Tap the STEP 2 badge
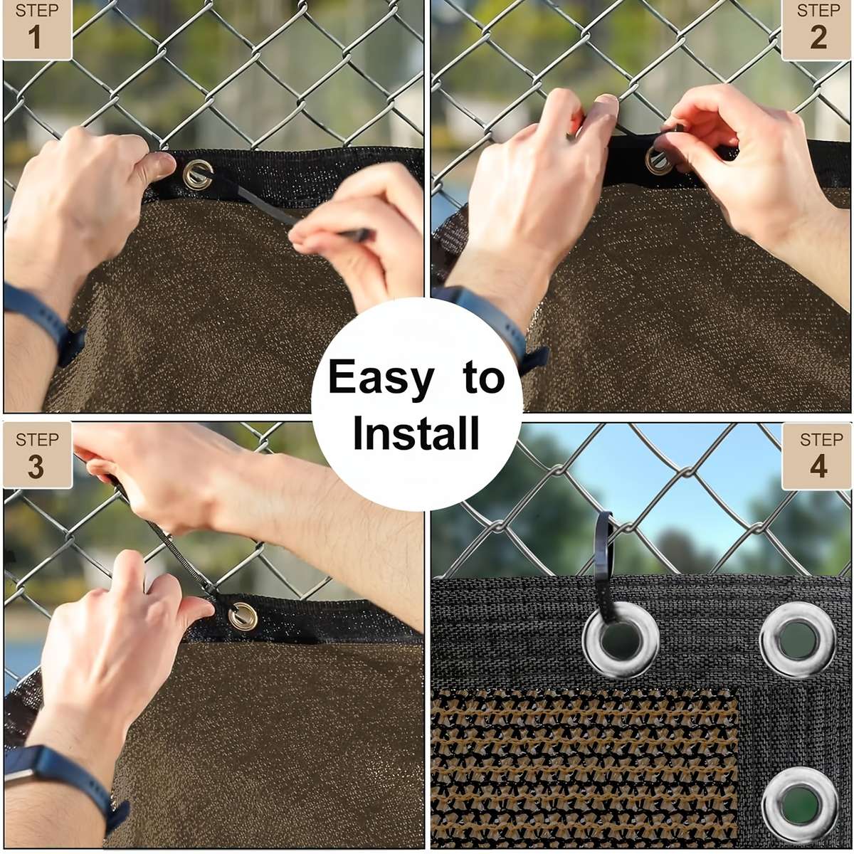click(x=817, y=28)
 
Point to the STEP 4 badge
click(x=817, y=455)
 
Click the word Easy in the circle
click(x=381, y=377)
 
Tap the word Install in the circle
click(x=416, y=433)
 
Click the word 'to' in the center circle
click(x=483, y=377)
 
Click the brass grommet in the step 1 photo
click(x=197, y=174)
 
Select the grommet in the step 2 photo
click(x=659, y=159)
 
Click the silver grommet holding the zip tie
click(x=620, y=640)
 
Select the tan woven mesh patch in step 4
click(x=584, y=769)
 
